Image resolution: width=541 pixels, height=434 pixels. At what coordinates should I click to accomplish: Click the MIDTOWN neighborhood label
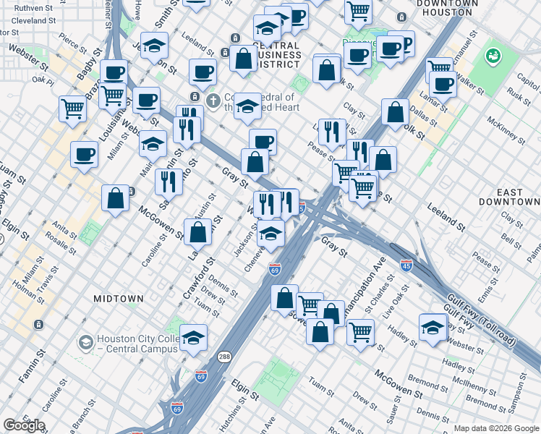coord(119,298)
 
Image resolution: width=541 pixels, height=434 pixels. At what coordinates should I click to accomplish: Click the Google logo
coord(24,425)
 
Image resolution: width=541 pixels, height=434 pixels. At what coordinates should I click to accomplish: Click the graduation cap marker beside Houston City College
coord(194,338)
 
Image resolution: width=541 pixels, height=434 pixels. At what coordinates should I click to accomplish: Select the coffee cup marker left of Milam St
coord(84,154)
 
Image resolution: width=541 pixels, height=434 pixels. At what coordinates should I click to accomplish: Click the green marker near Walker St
coord(495,55)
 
